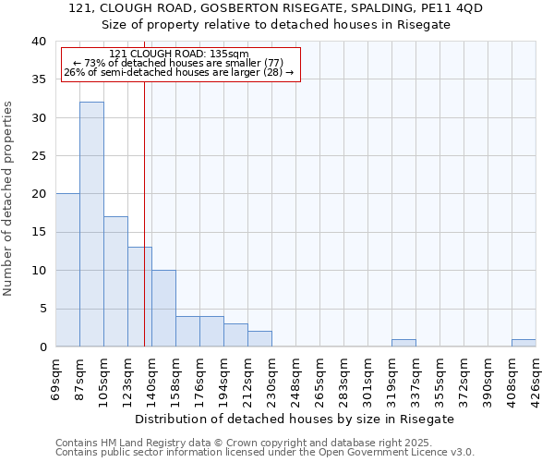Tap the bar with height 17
click(x=115, y=281)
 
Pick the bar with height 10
click(x=163, y=308)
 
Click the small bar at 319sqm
click(x=403, y=343)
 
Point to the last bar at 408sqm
click(x=524, y=343)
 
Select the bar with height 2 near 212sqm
click(x=259, y=338)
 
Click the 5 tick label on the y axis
click(x=42, y=309)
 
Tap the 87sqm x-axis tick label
click(x=80, y=373)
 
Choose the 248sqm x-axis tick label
click(x=296, y=375)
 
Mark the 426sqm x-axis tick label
click(x=536, y=375)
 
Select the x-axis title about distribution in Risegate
click(x=301, y=419)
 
